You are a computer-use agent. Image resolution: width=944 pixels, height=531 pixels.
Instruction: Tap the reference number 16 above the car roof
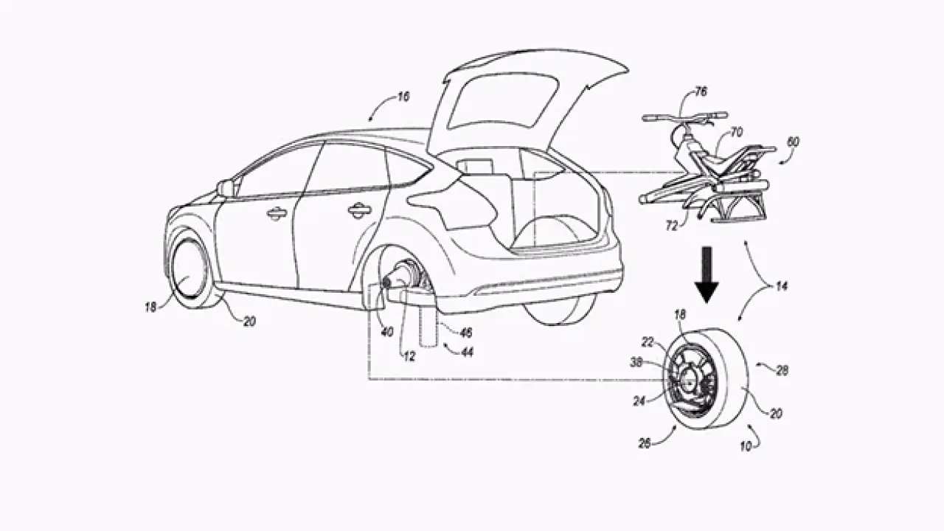(403, 97)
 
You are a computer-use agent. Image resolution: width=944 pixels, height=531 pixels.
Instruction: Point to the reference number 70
(736, 133)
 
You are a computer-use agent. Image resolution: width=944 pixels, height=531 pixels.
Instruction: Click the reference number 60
(793, 141)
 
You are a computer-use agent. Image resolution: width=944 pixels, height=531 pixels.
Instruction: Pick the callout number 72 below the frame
(672, 226)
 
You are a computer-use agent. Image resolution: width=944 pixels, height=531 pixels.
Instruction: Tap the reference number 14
(780, 285)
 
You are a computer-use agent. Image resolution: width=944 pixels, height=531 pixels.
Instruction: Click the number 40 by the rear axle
(387, 332)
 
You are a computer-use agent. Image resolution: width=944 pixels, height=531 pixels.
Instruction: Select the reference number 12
(409, 357)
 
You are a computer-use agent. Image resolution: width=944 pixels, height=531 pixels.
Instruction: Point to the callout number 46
(466, 333)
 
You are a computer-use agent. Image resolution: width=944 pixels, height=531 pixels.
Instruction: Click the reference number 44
(468, 353)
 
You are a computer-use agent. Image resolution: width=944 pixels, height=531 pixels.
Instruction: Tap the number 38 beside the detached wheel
(636, 362)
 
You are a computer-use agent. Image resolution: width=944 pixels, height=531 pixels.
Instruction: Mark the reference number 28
(782, 371)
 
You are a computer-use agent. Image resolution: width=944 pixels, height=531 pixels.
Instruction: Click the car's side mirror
(225, 188)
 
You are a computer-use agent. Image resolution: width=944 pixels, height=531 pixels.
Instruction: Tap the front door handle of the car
(277, 214)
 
